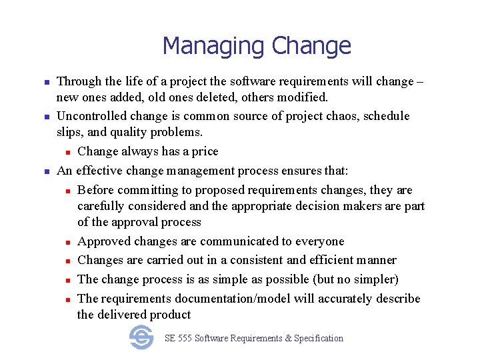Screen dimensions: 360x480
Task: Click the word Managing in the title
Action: pos(208,47)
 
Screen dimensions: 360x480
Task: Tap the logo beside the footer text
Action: pos(141,337)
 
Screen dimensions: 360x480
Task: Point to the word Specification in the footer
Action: pos(319,339)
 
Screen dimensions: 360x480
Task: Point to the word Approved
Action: pos(103,241)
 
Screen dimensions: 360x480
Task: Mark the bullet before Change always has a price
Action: pos(67,152)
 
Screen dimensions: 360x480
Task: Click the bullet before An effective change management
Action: pos(47,171)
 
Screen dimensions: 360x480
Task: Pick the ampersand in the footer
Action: pos(288,339)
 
